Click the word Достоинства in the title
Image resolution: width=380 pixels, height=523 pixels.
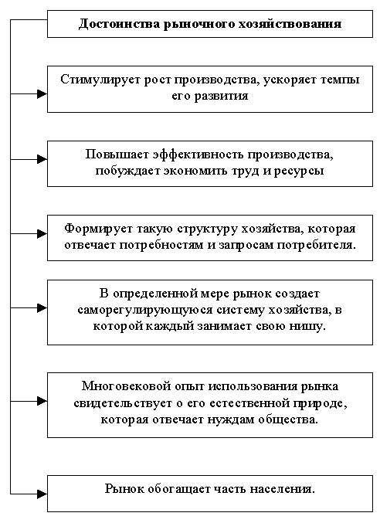[x=119, y=25]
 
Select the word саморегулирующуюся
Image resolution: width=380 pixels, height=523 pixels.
[x=145, y=311]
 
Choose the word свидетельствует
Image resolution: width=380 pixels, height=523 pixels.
[x=123, y=403]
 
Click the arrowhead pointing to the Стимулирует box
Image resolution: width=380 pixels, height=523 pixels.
[x=42, y=94]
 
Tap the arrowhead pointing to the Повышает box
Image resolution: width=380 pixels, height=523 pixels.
[x=42, y=159]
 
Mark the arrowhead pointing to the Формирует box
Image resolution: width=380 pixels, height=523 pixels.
[x=42, y=234]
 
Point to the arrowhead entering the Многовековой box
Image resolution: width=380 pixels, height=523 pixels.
[x=42, y=401]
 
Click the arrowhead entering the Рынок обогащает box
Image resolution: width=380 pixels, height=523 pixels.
[x=42, y=494]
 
